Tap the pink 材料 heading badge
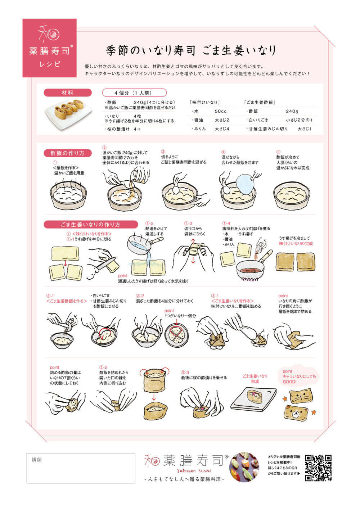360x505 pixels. pyautogui.click(x=68, y=93)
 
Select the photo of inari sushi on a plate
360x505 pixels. pyautogui.click(x=68, y=114)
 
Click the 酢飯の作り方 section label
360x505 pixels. pyautogui.click(x=68, y=153)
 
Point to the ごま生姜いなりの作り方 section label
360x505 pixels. pyautogui.click(x=91, y=224)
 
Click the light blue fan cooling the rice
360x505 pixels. pyautogui.click(x=245, y=184)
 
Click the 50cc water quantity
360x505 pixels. pyautogui.click(x=220, y=111)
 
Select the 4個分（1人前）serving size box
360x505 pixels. pyautogui.click(x=134, y=93)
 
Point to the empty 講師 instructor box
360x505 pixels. pyautogui.click(x=81, y=468)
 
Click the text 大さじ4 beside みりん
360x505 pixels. pyautogui.click(x=222, y=129)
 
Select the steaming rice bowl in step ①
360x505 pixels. pyautogui.click(x=68, y=194)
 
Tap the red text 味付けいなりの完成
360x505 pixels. pyautogui.click(x=296, y=243)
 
